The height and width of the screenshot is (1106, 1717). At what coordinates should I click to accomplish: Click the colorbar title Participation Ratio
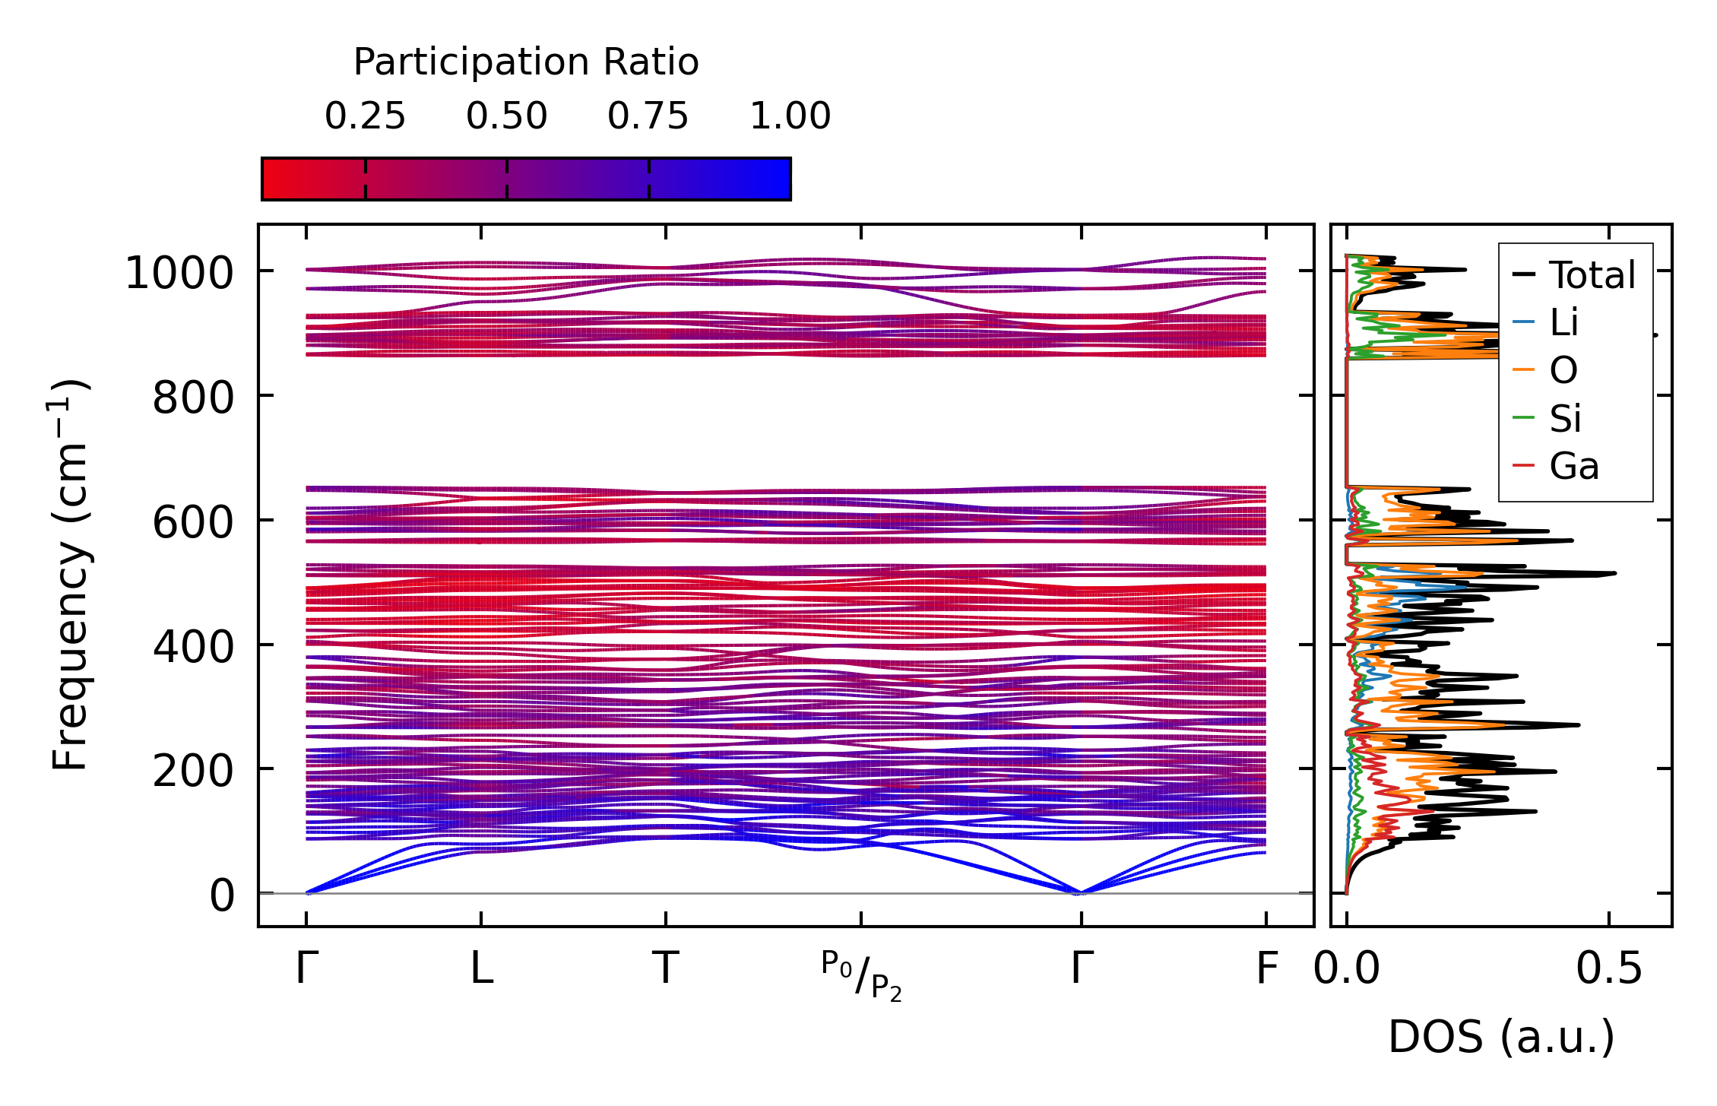point(526,62)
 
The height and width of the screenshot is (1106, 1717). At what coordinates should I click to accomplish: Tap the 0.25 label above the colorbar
point(365,116)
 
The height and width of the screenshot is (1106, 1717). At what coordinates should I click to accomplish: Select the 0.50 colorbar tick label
point(506,116)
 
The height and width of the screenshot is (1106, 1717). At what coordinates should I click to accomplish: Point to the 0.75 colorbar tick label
point(648,116)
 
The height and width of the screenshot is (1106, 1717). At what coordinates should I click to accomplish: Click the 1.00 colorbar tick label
point(790,116)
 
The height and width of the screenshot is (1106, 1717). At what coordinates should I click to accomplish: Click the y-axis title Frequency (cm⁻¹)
point(70,575)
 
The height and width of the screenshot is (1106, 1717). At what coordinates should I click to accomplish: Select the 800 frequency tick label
point(193,398)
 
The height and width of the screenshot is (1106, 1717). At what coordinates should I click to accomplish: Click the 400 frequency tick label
point(193,647)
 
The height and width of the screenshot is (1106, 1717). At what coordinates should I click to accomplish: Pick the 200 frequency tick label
point(193,772)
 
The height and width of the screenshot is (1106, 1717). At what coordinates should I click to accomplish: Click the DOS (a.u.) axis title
point(1501,1037)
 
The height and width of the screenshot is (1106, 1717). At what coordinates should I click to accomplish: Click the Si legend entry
point(1565,418)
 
